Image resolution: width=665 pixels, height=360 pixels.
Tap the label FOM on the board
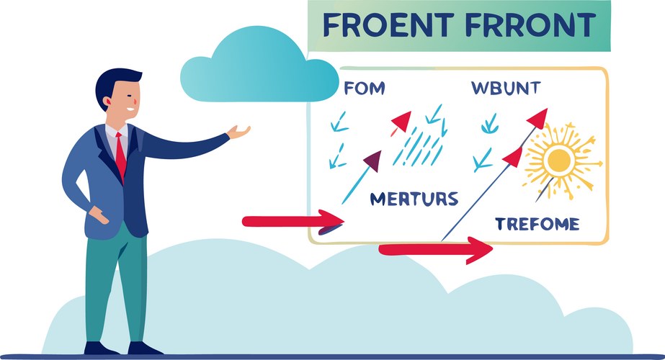[365, 89]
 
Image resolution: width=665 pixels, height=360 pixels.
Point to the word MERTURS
[414, 199]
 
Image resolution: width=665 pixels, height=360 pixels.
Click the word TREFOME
[537, 224]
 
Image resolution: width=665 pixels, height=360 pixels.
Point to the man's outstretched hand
[239, 132]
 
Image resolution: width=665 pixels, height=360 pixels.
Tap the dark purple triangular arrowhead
[372, 161]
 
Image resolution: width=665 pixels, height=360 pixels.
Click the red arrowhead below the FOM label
[401, 122]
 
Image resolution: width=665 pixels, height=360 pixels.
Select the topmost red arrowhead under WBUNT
[537, 117]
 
